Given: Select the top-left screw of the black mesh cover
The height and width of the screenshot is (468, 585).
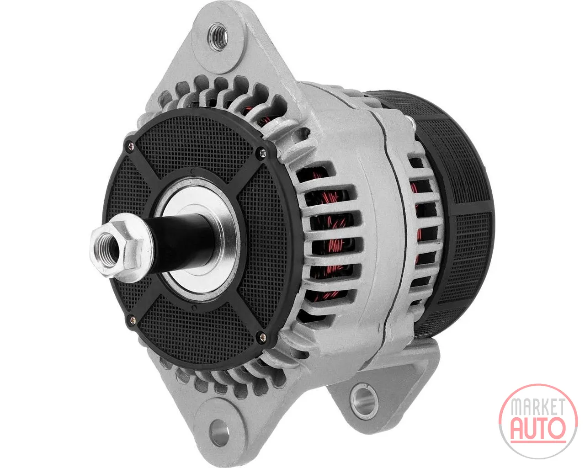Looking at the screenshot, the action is (x=131, y=147).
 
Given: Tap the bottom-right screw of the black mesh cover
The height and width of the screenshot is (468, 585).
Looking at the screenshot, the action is (x=263, y=337).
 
